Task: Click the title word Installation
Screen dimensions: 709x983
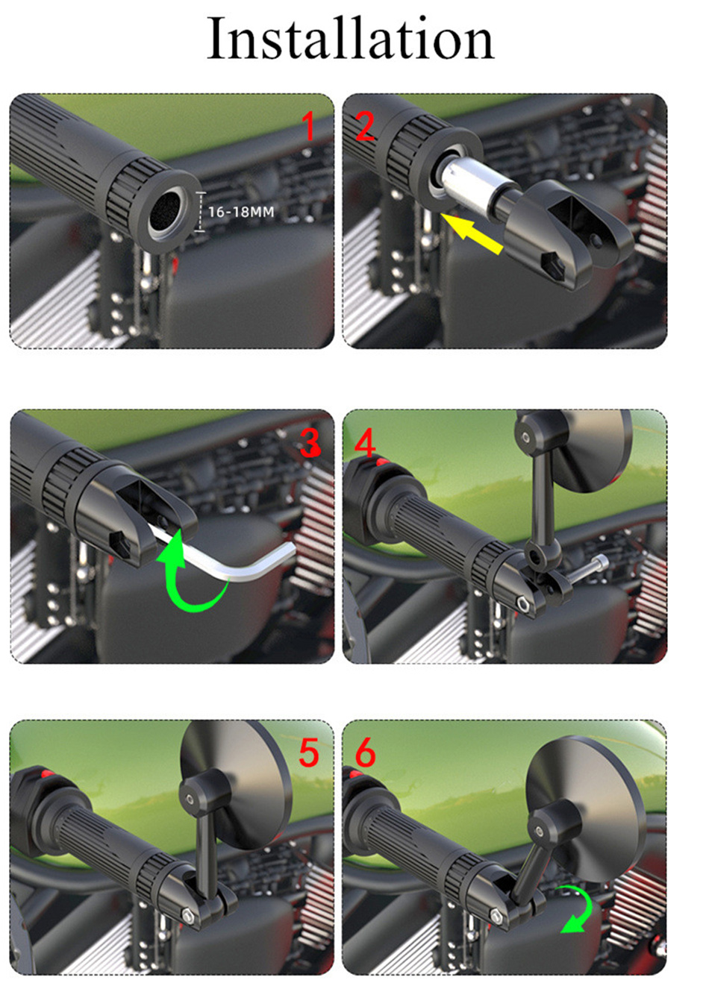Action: pyautogui.click(x=350, y=38)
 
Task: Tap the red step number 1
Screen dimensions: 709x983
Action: pyautogui.click(x=310, y=126)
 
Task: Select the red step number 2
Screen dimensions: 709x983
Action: pyautogui.click(x=364, y=126)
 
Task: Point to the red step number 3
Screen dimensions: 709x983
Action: pyautogui.click(x=310, y=443)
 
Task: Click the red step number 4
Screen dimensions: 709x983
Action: pyautogui.click(x=365, y=443)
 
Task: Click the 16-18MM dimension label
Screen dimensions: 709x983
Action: pyautogui.click(x=241, y=212)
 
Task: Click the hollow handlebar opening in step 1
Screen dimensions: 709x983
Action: pyautogui.click(x=165, y=213)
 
